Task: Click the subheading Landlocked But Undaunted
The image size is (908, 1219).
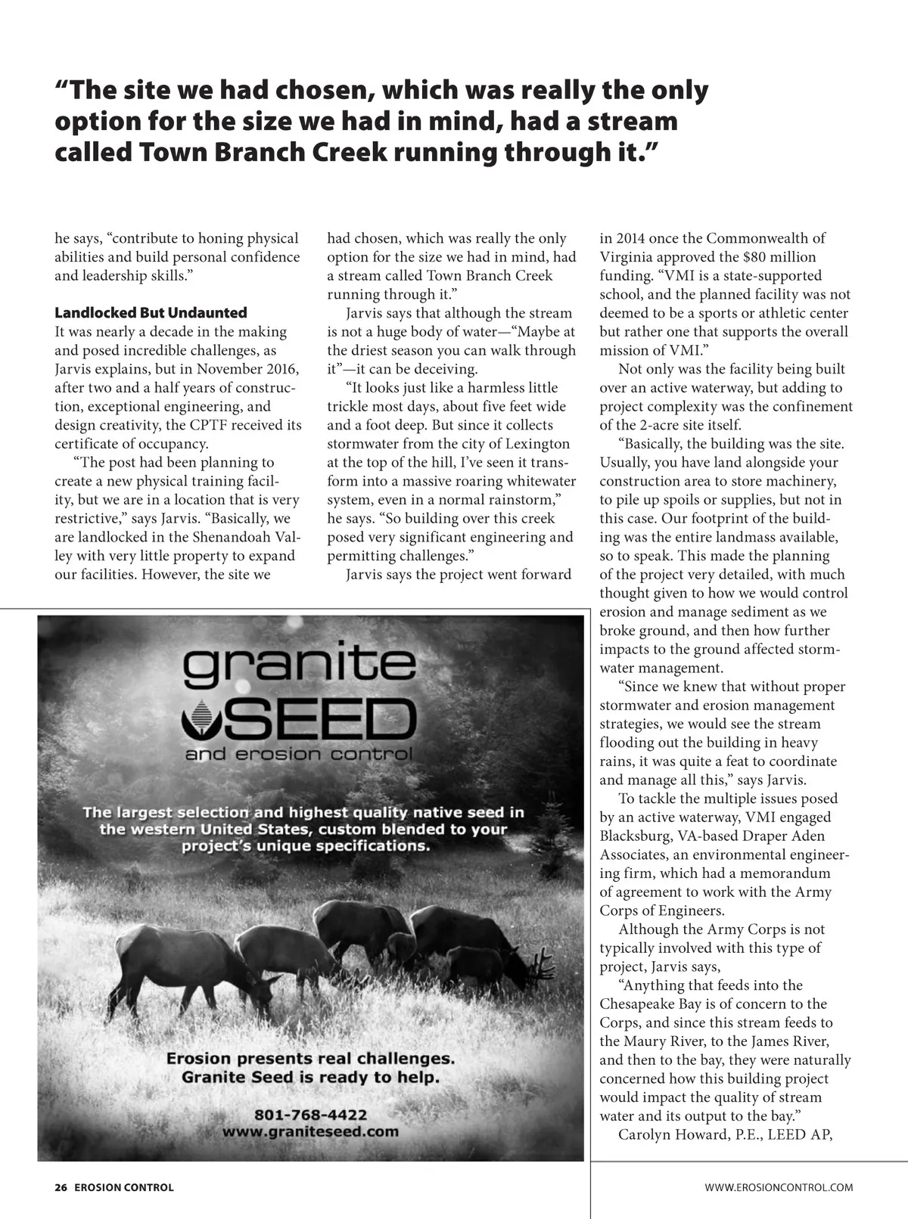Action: tap(151, 313)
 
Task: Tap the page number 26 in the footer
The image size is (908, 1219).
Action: tap(61, 1187)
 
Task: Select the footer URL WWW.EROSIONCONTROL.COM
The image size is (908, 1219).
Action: tap(779, 1187)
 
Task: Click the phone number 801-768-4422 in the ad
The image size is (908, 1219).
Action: tap(311, 1115)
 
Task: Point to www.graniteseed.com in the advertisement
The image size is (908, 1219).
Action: tap(310, 1132)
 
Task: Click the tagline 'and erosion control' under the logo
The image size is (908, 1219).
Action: tap(299, 755)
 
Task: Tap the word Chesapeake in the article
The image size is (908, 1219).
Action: tap(645, 1004)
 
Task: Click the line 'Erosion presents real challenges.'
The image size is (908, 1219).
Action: tap(310, 1059)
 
